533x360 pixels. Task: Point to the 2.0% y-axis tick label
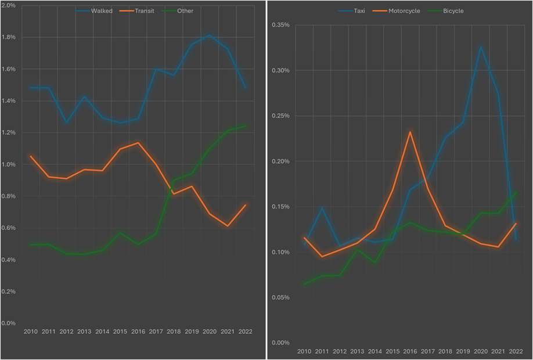tap(10, 6)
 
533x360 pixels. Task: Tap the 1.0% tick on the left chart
tap(10, 164)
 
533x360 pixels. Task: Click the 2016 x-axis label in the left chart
tap(138, 332)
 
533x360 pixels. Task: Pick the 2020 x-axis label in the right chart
tap(480, 352)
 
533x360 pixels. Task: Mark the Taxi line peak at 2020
tap(480, 46)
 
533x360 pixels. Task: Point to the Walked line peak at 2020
tap(209, 35)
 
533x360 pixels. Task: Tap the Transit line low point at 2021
tap(227, 226)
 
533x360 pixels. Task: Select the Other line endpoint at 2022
tap(245, 126)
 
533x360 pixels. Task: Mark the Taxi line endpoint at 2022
tap(516, 240)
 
